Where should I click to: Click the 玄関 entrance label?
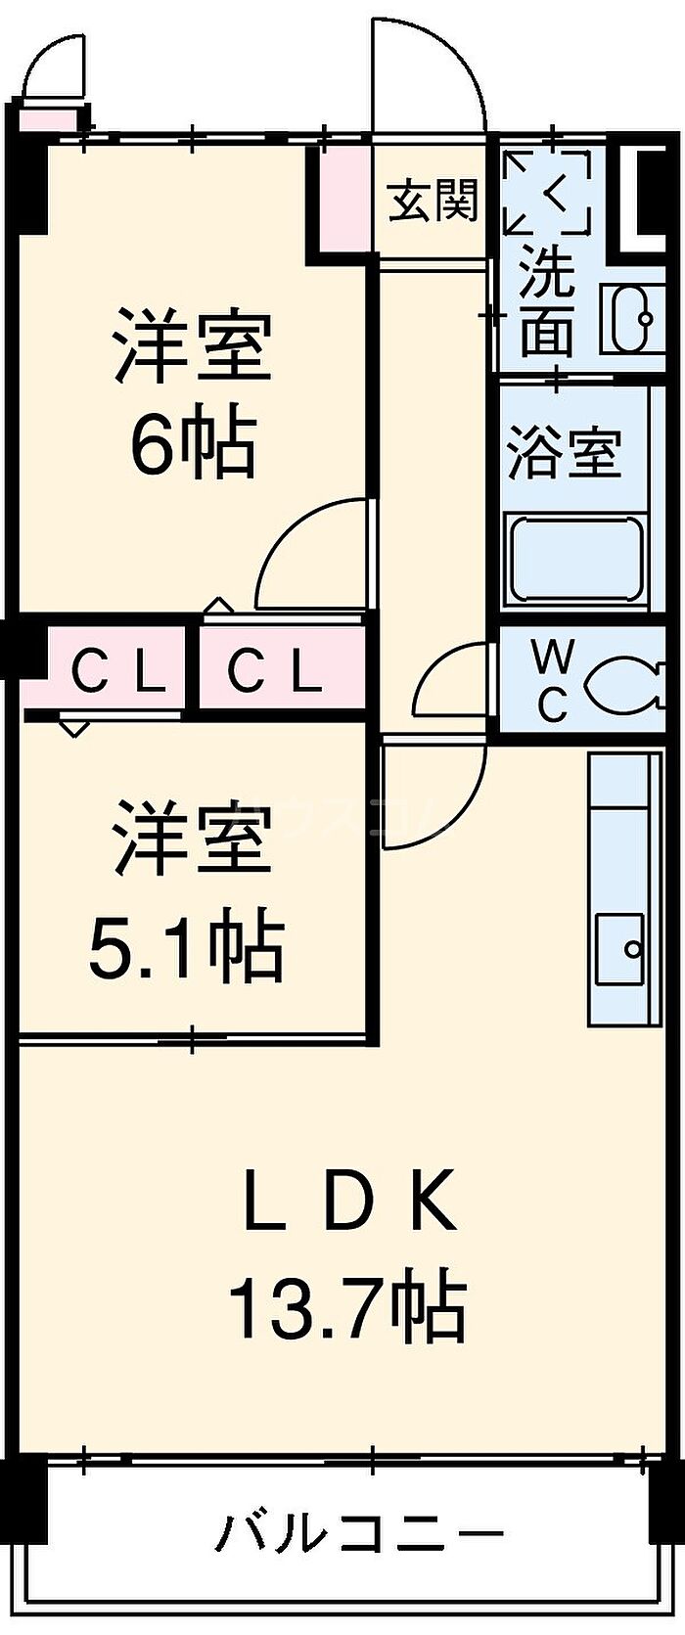point(433,202)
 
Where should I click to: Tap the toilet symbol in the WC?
point(621,682)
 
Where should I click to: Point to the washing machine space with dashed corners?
point(547,193)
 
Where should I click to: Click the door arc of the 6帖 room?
point(311,552)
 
